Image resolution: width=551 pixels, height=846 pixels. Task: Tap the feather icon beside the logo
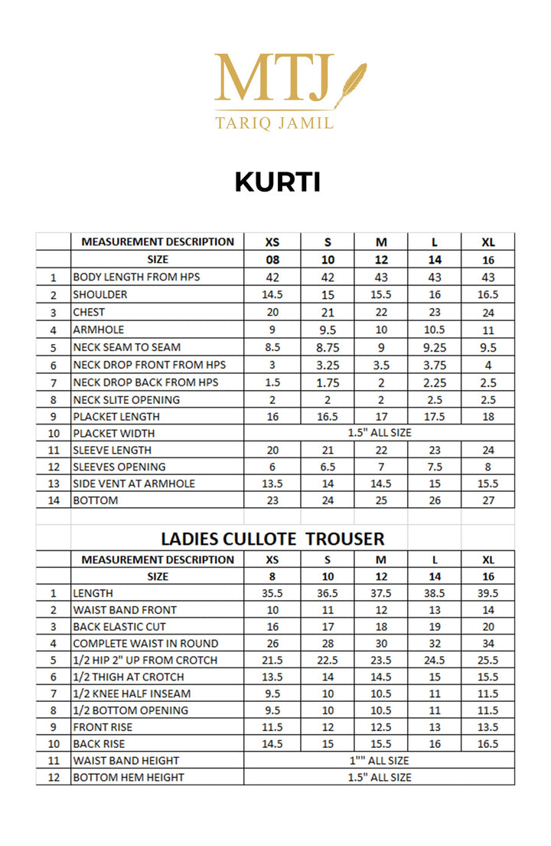pyautogui.click(x=350, y=83)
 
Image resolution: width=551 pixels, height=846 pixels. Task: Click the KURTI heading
pyautogui.click(x=277, y=182)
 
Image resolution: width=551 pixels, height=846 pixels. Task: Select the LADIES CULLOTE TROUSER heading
pyautogui.click(x=272, y=539)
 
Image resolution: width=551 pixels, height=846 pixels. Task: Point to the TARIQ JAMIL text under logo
pyautogui.click(x=274, y=123)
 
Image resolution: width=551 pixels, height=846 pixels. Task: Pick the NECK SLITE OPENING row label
pyautogui.click(x=126, y=399)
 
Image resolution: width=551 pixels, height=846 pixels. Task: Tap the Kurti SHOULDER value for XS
pyautogui.click(x=272, y=294)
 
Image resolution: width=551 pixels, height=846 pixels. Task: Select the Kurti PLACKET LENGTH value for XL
pyautogui.click(x=488, y=416)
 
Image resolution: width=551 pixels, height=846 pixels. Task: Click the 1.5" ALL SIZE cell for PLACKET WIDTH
pyautogui.click(x=379, y=433)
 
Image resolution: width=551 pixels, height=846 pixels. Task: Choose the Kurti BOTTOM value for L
pyautogui.click(x=434, y=500)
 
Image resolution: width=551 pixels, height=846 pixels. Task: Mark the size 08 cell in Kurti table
pyautogui.click(x=272, y=260)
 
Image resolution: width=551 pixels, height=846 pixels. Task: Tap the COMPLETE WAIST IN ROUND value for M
pyautogui.click(x=381, y=644)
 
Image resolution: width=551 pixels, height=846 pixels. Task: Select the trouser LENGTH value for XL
pyautogui.click(x=488, y=593)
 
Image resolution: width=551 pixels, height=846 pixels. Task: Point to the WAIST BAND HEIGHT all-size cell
pyautogui.click(x=379, y=760)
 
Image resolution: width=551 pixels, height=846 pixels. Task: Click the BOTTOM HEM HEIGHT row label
pyautogui.click(x=128, y=777)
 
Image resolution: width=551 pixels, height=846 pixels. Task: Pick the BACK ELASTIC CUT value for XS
pyautogui.click(x=272, y=627)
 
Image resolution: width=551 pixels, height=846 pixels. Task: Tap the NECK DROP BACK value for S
pyautogui.click(x=328, y=382)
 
